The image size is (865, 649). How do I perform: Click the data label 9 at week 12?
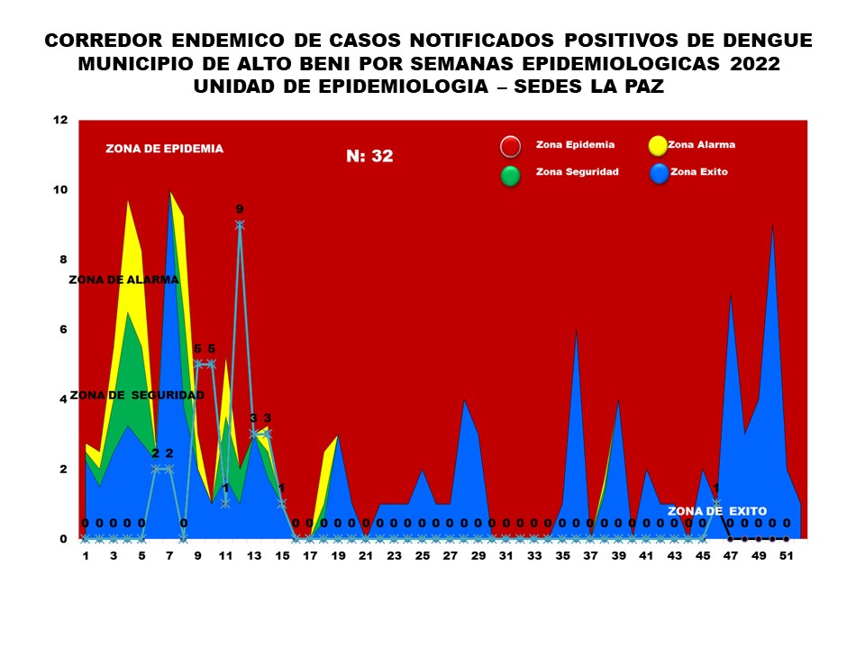pos(240,209)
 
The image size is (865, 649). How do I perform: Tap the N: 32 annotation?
pos(369,156)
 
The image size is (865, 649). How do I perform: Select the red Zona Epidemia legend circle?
pos(511,147)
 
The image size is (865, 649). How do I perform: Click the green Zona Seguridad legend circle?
pos(511,175)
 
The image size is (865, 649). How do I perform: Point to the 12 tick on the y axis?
pos(60,120)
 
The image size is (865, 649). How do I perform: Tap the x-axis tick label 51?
pos(786,556)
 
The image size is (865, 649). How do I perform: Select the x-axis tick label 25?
pos(423,556)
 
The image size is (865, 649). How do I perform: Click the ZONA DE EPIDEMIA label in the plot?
pos(164,149)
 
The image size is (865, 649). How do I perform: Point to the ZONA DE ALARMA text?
pos(123,279)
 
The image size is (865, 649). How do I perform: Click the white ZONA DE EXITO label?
pos(716,511)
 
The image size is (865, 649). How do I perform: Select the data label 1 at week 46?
pos(715,489)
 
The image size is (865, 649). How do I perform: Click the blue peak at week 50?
pos(772,226)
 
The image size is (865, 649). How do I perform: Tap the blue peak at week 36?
pos(576,331)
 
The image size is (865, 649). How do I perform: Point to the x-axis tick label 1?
pos(86,556)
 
